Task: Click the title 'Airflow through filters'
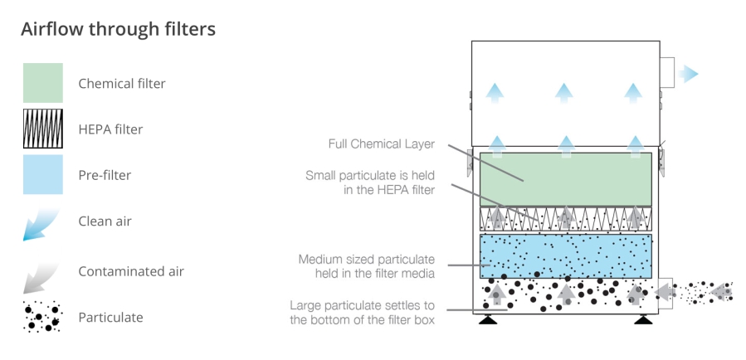coord(118,30)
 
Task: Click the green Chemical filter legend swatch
coord(42,83)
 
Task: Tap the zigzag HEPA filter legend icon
coord(42,129)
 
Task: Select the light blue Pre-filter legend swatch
coord(42,175)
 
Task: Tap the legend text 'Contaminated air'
coord(131,271)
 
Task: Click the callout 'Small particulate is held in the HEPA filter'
coord(369,182)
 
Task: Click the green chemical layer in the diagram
coord(565,178)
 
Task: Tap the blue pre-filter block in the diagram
coord(565,255)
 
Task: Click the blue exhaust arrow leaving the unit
coord(687,75)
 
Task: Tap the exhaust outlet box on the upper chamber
coord(667,75)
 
